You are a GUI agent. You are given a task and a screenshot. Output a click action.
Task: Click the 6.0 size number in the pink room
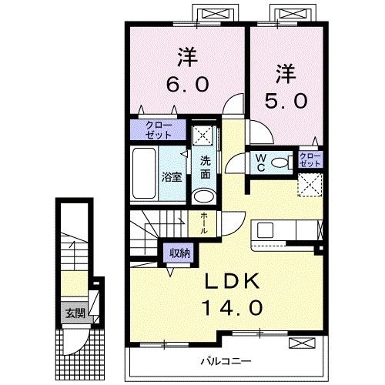pos(186,83)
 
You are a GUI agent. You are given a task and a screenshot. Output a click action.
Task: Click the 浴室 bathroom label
pos(171,176)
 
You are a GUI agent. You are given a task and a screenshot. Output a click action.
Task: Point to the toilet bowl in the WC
pos(281,161)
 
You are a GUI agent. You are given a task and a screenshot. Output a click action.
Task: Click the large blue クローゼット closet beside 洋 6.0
pos(156,129)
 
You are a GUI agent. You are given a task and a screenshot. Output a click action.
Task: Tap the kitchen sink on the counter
pos(265,229)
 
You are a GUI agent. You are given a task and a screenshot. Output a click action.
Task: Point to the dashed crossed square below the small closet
pos(310,184)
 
